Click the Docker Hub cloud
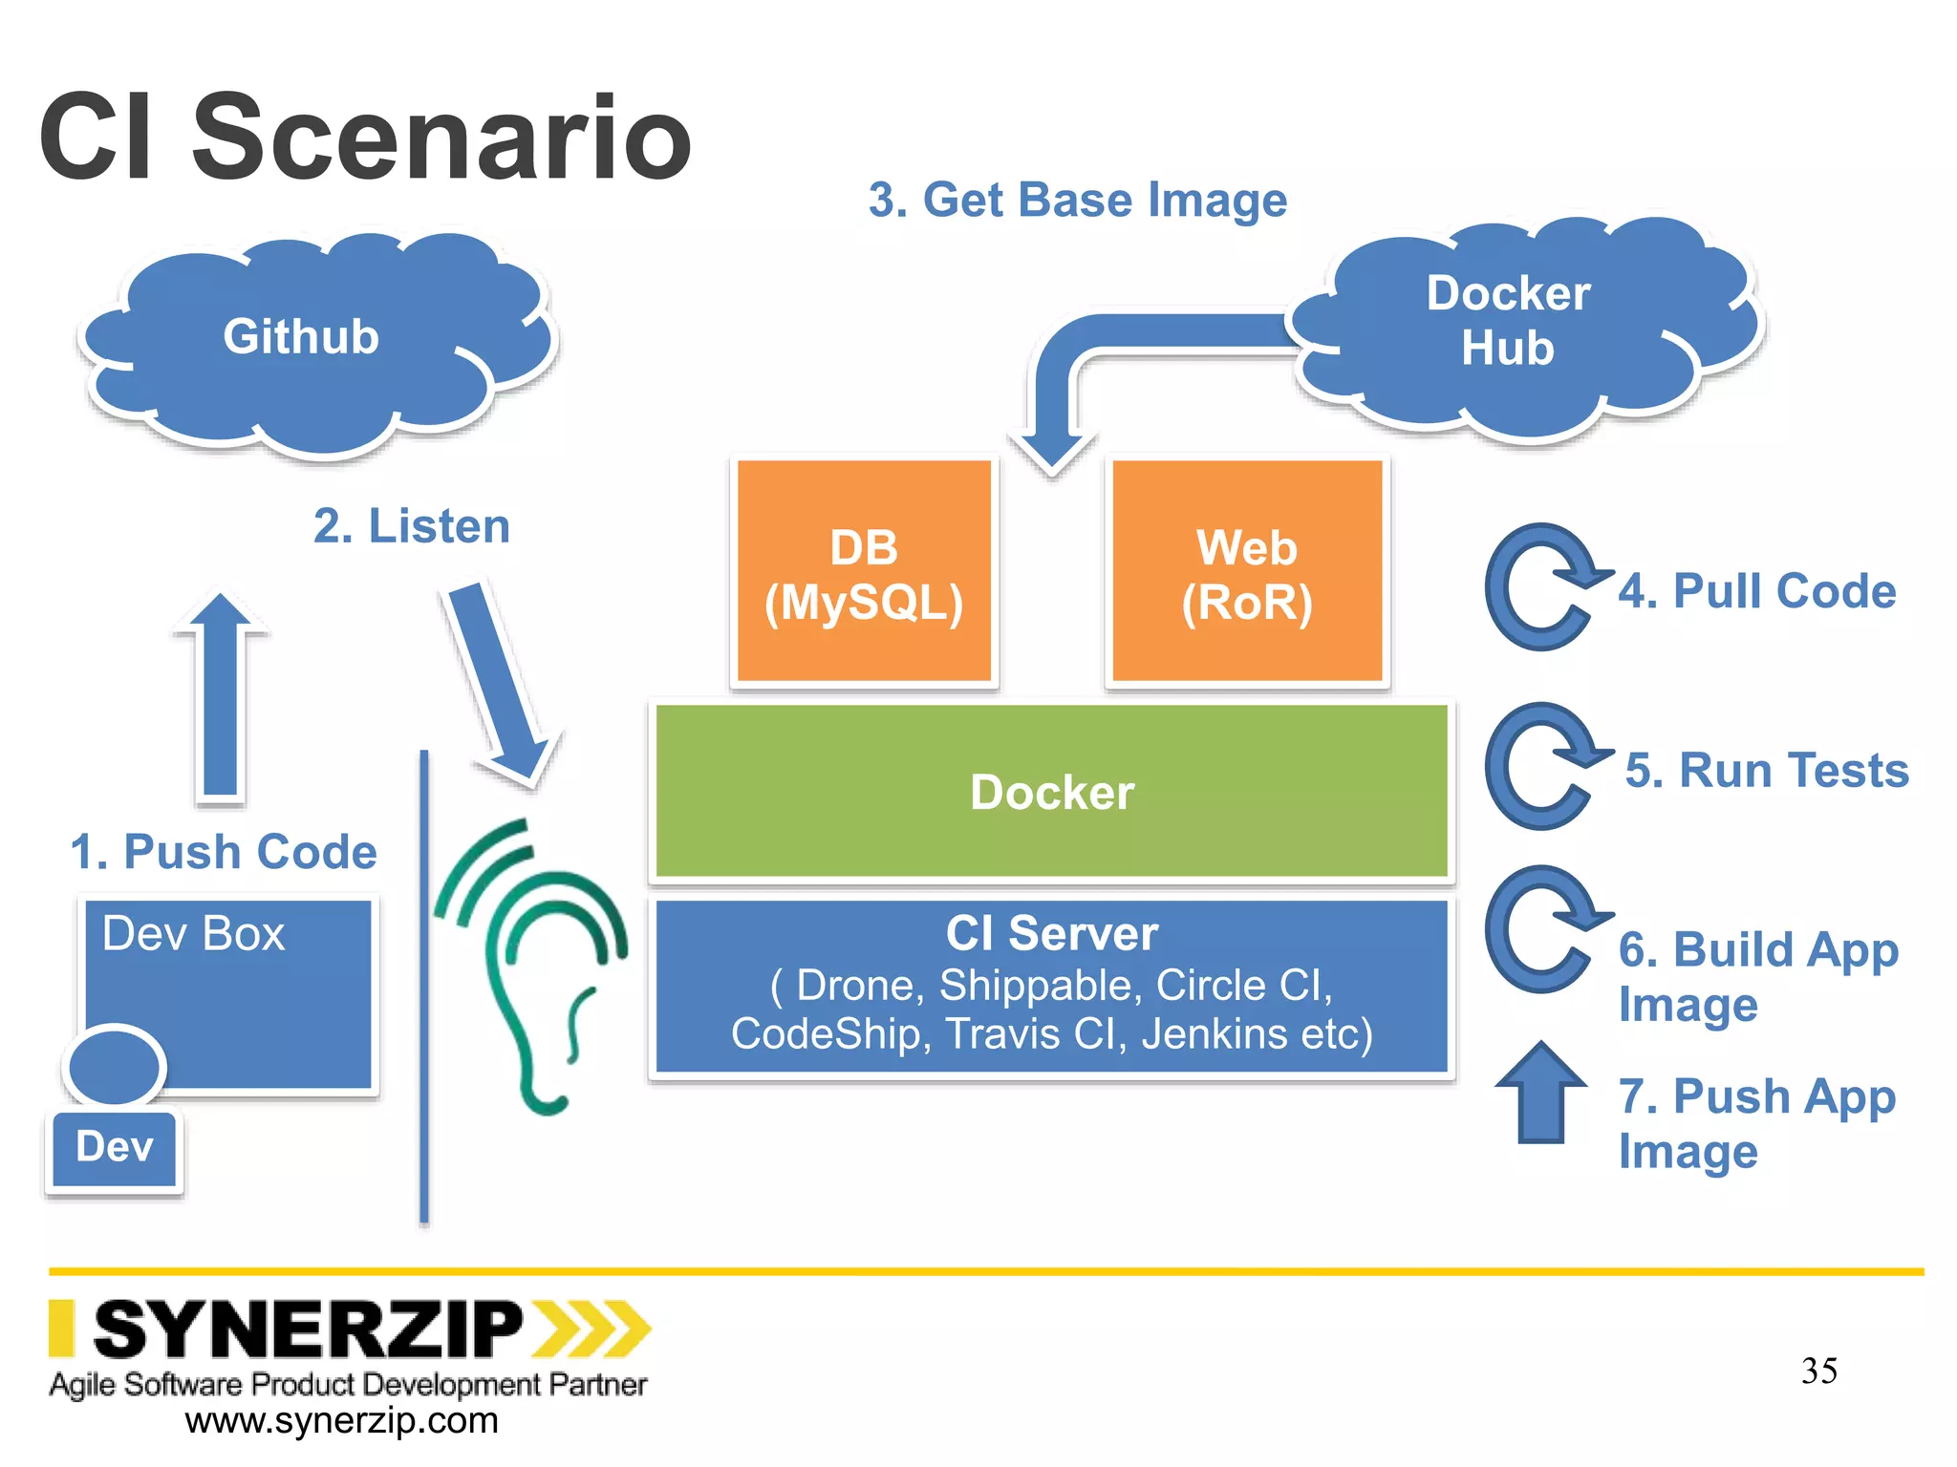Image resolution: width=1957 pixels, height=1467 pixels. (1519, 325)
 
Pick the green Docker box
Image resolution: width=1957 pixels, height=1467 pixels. (1051, 791)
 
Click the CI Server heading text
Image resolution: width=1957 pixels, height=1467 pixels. (1051, 933)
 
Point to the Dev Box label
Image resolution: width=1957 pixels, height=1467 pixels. (193, 933)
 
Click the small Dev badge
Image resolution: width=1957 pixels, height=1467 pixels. (115, 1147)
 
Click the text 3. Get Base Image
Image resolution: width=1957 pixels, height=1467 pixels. (1077, 201)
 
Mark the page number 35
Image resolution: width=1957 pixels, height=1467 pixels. (1818, 1371)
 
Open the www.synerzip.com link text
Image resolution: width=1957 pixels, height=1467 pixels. (341, 1420)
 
